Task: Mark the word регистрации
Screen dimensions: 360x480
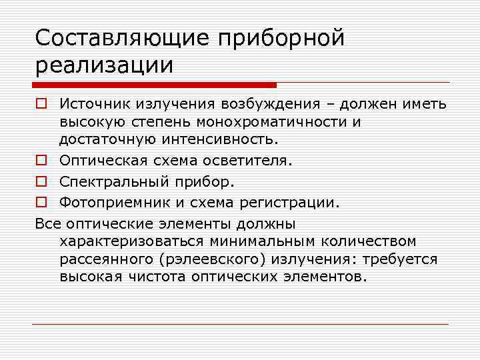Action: tap(293, 203)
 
